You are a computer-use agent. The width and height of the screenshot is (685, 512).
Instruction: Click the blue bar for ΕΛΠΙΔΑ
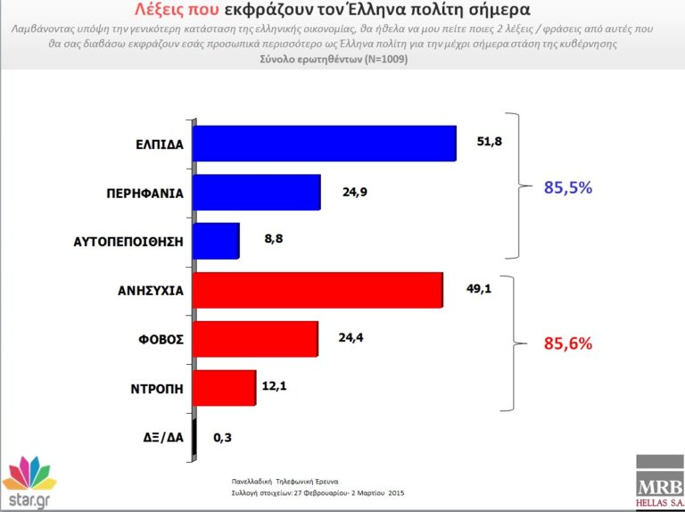324,143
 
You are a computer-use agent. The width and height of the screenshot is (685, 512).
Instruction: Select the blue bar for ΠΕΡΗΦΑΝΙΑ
256,192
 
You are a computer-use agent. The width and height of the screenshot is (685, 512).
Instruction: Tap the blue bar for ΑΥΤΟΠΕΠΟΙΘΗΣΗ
216,241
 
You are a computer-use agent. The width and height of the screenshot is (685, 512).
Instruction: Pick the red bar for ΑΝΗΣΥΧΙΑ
318,290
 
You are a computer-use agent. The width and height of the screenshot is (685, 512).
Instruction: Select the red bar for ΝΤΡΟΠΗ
224,388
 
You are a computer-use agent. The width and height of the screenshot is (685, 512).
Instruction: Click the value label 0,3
222,438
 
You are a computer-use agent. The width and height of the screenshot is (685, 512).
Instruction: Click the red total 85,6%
568,343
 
